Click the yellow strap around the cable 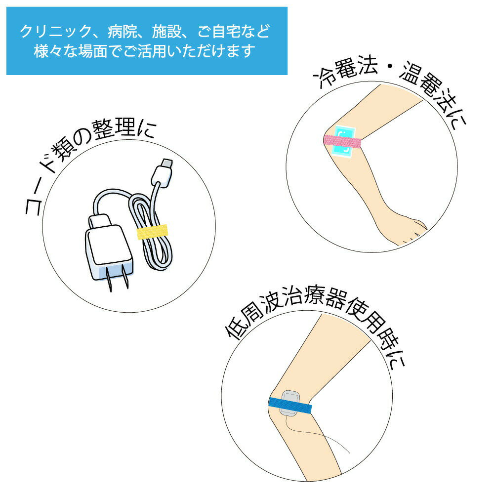[x=153, y=232]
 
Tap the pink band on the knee [x=342, y=141]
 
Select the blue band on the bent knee [x=290, y=406]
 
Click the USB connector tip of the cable [x=165, y=164]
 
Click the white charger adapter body [x=109, y=249]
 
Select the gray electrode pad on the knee [x=290, y=403]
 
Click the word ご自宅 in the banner [x=219, y=32]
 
